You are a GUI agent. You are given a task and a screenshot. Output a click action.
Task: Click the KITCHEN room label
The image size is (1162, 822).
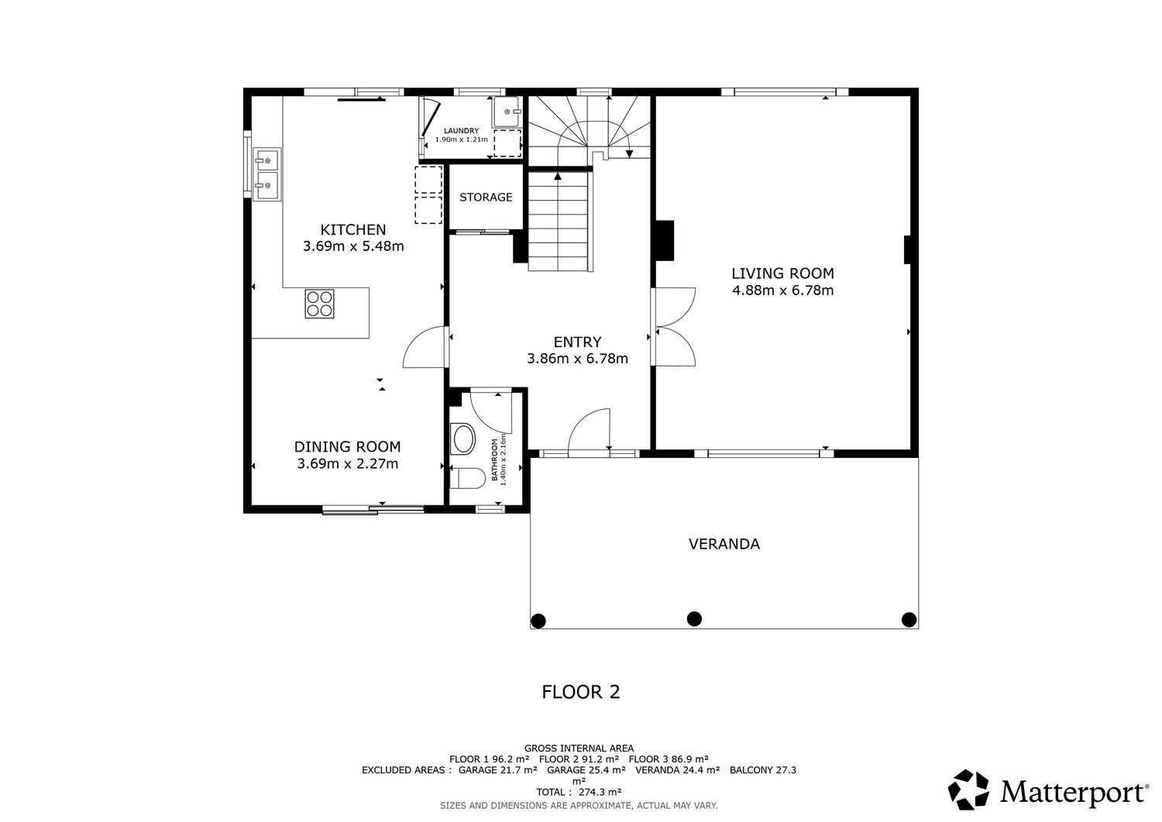352,229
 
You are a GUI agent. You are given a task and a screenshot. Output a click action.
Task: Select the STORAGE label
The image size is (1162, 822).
486,198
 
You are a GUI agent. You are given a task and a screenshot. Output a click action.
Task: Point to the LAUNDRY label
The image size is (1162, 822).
461,131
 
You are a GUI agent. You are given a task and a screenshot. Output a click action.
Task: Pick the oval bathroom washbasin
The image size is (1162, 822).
462,439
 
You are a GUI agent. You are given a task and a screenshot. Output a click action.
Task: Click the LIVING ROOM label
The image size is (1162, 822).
782,273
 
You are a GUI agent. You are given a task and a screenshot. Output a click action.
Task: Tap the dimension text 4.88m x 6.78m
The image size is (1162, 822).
782,290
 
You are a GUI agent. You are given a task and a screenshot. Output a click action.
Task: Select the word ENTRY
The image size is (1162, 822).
577,342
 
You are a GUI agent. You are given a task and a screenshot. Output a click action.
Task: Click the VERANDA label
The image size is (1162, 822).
724,544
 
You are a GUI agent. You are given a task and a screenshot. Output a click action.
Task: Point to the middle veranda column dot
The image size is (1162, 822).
694,618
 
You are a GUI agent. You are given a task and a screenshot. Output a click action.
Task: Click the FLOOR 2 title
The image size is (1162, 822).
580,692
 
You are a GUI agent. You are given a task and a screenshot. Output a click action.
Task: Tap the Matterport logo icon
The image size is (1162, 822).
968,789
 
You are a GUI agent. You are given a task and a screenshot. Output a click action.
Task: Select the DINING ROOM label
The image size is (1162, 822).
348,447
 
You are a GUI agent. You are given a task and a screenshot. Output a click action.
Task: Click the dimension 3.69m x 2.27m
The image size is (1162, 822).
348,463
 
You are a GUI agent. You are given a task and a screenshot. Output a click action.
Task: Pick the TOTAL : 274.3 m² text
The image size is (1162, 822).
579,792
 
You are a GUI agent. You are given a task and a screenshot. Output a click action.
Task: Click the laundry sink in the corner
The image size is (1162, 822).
506,112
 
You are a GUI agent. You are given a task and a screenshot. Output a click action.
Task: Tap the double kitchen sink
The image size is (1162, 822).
267,174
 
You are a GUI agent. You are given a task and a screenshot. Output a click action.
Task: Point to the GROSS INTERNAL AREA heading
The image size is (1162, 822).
579,748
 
